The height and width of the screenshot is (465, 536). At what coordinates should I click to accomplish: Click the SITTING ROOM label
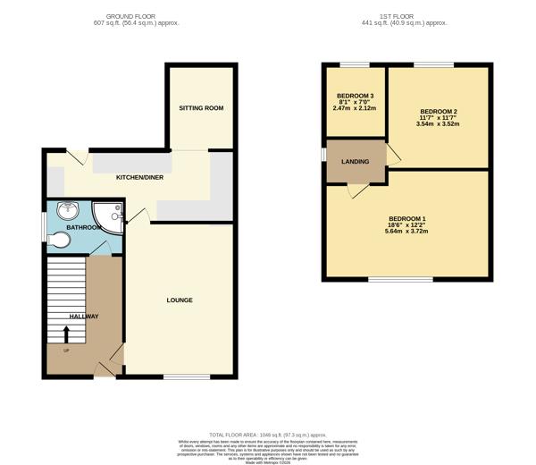coord(201,108)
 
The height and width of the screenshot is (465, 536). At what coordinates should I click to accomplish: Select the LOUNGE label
coord(180,300)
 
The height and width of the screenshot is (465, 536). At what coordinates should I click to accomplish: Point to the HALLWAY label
coord(84,317)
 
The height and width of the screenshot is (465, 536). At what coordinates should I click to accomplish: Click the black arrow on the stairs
coord(66,334)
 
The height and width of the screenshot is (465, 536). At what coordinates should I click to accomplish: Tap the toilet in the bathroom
coord(60,240)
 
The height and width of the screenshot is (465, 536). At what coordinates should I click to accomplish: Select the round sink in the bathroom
coord(65,211)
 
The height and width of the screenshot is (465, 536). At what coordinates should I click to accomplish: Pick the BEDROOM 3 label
coord(355,96)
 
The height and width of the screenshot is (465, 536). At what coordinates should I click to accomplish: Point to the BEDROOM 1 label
coord(406,219)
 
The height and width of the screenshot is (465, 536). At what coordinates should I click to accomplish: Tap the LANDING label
coord(356,162)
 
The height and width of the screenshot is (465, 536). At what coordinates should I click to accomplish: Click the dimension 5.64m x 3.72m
coord(406,232)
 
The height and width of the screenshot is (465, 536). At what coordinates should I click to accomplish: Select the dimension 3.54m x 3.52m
coord(438,124)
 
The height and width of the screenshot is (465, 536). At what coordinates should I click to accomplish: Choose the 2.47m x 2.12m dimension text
coord(355,108)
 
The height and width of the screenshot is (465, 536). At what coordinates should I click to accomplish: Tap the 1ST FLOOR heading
coord(406,16)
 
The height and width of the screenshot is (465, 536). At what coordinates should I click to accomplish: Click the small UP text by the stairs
coord(65,350)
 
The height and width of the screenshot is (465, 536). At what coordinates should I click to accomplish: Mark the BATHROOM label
coord(84,227)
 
